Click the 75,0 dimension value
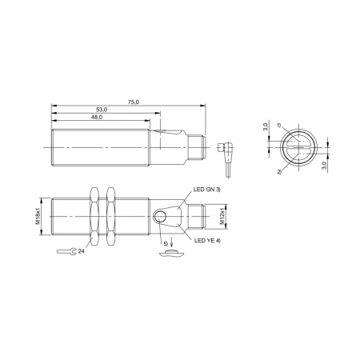pos(134,102)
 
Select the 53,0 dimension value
pos(102,110)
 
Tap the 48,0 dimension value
pos(97,117)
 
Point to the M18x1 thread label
pos(38,216)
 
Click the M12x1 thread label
pos(222,217)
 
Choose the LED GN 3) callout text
pos(207,190)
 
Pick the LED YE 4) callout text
pos(207,241)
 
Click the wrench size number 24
pos(81,251)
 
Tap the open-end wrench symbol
pos(66,251)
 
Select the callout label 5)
pos(166,244)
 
